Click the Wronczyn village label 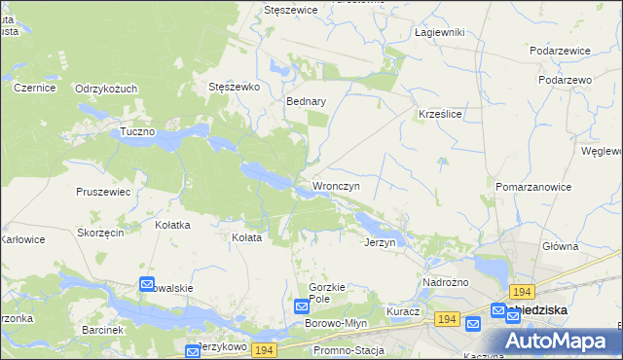click(336, 185)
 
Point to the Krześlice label click(439, 113)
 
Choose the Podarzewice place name click(562, 50)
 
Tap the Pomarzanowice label click(532, 186)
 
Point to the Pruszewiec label click(103, 192)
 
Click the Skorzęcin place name click(100, 234)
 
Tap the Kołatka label click(172, 225)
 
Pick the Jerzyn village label click(380, 242)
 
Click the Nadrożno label click(446, 282)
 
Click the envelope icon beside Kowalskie click(147, 285)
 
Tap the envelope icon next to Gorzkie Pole click(302, 306)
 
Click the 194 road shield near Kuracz click(448, 319)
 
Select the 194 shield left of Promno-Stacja click(263, 348)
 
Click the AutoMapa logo click(558, 340)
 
